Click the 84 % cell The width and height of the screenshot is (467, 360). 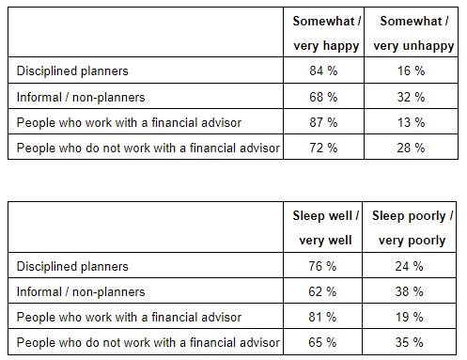324,70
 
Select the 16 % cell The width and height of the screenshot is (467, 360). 412,70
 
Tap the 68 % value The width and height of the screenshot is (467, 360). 324,97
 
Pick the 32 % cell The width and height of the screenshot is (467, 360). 412,97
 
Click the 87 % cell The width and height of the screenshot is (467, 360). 324,122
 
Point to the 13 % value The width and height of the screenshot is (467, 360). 412,122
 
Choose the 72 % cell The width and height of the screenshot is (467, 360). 324,149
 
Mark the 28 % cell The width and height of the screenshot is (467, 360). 412,149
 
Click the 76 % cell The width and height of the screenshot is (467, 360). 324,266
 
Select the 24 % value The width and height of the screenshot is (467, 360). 412,266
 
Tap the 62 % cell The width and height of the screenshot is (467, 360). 324,291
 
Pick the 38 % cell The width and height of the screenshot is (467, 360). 412,291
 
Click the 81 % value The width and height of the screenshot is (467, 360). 324,317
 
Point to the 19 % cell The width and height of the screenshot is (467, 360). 412,317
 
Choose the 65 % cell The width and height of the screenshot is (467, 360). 324,342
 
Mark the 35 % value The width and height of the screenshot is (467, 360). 412,342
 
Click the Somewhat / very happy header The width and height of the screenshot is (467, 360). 324,34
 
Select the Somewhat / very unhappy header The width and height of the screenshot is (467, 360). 412,34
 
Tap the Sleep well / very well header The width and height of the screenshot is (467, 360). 324,228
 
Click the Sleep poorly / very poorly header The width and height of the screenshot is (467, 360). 412,228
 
